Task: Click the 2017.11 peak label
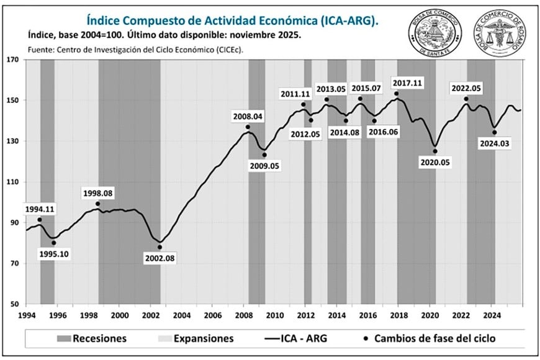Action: [x=407, y=83]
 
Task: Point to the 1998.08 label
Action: [x=97, y=193]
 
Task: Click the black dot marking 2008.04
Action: [x=248, y=127]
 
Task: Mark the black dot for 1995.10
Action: [x=53, y=243]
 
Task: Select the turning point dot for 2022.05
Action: [x=466, y=99]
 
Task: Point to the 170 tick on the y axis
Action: [x=13, y=60]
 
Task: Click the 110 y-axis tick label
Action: [x=13, y=182]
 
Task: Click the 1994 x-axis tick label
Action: [x=26, y=315]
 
